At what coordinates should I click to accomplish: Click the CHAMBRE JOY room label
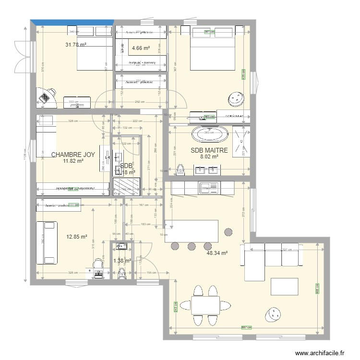click(73, 155)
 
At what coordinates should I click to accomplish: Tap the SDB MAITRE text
click(209, 150)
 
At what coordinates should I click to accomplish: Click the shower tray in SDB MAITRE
click(240, 141)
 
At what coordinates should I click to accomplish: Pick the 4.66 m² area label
click(140, 48)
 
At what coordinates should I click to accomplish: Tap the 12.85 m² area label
click(77, 237)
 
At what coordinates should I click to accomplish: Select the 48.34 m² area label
click(217, 252)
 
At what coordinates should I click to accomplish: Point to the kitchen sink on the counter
click(209, 188)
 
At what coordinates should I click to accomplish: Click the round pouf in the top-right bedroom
click(236, 99)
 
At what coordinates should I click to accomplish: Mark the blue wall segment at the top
click(72, 22)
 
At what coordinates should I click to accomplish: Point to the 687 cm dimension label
click(245, 328)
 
